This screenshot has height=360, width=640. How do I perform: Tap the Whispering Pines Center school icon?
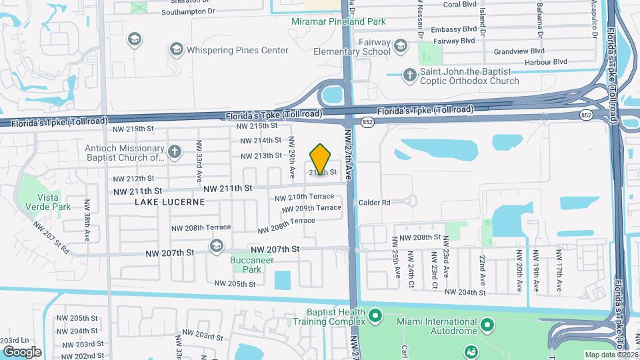(x=177, y=49)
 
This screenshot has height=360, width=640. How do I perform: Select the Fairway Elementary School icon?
(x=400, y=45)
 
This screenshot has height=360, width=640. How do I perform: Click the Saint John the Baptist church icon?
(x=409, y=75)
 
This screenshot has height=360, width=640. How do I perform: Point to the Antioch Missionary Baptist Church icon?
(x=175, y=153)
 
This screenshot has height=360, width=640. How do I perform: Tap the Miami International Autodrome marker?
(x=488, y=325)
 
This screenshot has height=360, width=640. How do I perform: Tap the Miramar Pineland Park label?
(x=339, y=22)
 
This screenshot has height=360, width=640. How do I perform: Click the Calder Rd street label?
(x=374, y=203)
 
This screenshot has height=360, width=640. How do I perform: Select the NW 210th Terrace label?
(x=304, y=197)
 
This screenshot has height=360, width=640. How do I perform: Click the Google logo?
(x=22, y=351)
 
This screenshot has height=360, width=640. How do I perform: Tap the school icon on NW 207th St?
(x=216, y=247)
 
